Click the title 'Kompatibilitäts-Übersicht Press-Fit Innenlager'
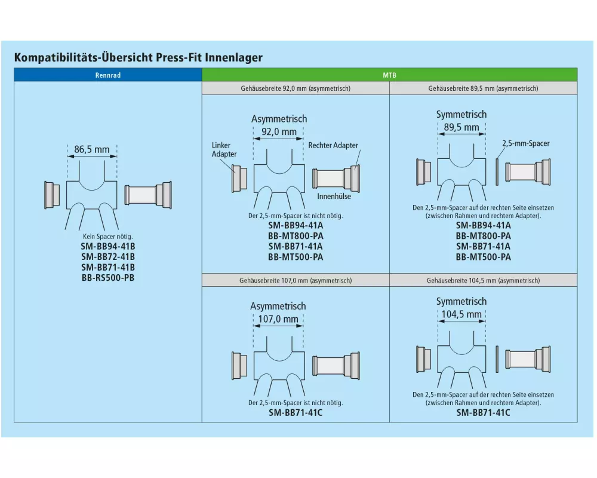tap(138, 58)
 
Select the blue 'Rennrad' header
tap(107, 75)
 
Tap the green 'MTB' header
tap(389, 75)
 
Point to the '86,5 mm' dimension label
tap(91, 149)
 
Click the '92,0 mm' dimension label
tap(279, 132)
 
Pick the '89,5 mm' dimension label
tap(461, 127)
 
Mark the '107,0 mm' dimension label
tap(278, 319)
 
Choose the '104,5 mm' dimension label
tap(461, 314)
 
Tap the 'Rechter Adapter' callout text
tap(333, 145)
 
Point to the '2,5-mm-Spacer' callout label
tap(525, 143)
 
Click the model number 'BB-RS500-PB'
tap(107, 277)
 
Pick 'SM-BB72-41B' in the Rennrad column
tap(107, 256)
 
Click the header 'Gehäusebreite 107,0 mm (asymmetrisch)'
tap(296, 280)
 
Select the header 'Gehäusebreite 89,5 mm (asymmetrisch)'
tap(483, 88)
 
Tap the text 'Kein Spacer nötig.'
tap(107, 237)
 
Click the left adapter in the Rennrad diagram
tap(52, 194)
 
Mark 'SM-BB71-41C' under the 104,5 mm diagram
tap(483, 412)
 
